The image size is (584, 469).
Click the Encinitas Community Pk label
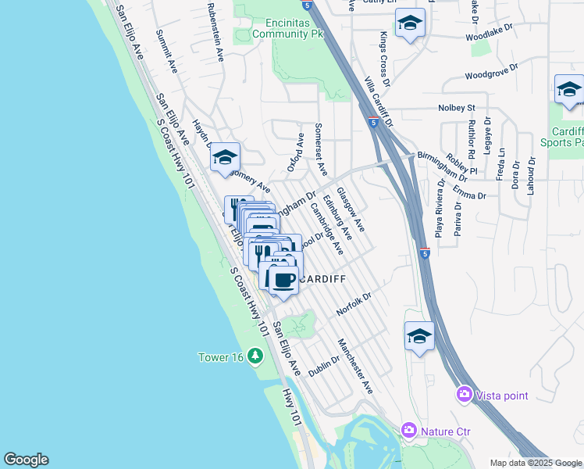pyautogui.click(x=294, y=28)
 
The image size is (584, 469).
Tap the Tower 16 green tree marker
pyautogui.click(x=255, y=356)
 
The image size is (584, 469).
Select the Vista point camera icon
pyautogui.click(x=465, y=396)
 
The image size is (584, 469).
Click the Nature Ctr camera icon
pyautogui.click(x=408, y=430)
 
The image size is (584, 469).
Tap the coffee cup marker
pyautogui.click(x=283, y=279)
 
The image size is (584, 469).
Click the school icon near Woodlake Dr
pyautogui.click(x=410, y=24)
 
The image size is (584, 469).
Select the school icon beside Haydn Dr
pyautogui.click(x=225, y=157)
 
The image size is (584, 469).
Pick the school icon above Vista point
pyautogui.click(x=419, y=337)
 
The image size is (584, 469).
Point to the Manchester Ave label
pyautogui.click(x=355, y=366)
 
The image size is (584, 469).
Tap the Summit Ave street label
pyautogui.click(x=168, y=52)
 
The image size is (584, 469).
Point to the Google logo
pyautogui.click(x=26, y=460)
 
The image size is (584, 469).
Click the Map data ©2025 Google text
pyautogui.click(x=536, y=463)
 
